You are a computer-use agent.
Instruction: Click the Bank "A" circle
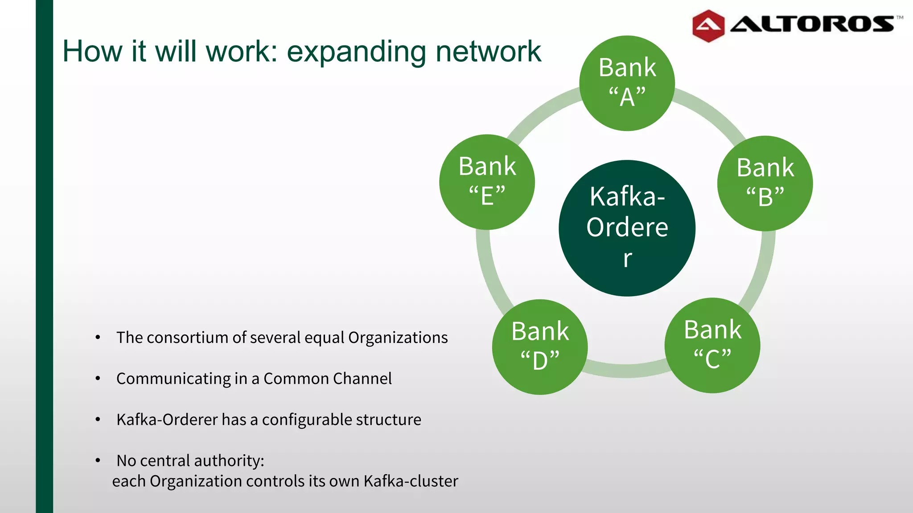(x=627, y=83)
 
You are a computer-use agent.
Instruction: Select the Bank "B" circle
(x=765, y=183)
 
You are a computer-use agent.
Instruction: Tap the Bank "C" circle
(x=712, y=346)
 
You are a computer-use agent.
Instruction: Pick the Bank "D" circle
(x=540, y=347)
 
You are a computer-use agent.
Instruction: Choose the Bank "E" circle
(x=487, y=182)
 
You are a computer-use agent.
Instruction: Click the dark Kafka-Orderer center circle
(x=627, y=228)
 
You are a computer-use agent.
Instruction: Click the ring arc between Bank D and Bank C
(x=626, y=370)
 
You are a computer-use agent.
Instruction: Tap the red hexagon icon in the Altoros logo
(x=708, y=26)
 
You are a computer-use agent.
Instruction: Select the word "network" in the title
(x=488, y=52)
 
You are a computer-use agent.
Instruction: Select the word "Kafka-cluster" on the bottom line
(x=411, y=481)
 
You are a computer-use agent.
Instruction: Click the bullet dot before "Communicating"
(x=98, y=379)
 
